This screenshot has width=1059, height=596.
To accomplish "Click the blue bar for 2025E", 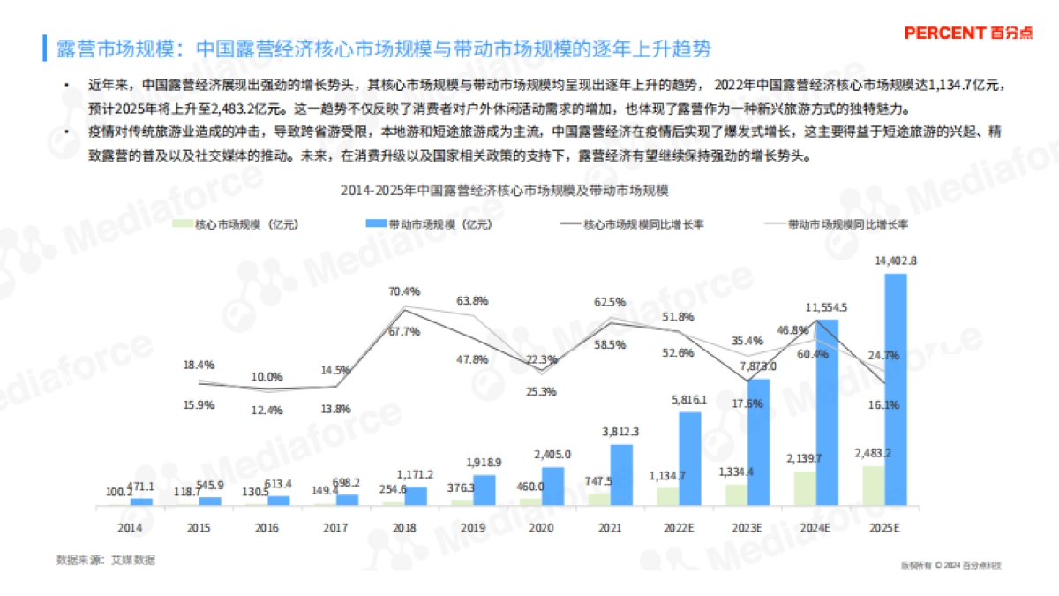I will (896, 389).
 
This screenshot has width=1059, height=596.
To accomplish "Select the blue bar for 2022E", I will (690, 458).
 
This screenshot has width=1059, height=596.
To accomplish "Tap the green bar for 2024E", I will (805, 488).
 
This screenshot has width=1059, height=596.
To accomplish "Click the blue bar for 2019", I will (484, 490).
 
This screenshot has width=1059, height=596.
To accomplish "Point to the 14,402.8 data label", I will (896, 260).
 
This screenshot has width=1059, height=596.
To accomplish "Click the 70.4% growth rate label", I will (405, 290).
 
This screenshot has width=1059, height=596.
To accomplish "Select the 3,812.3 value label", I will (621, 432).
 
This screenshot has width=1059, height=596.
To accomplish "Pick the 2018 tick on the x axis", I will (403, 527).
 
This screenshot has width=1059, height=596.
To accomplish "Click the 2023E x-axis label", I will (747, 527).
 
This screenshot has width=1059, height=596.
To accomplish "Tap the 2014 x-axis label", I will (130, 527).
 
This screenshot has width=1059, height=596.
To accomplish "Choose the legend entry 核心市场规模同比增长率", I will (632, 224).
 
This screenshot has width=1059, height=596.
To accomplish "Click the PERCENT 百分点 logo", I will (968, 33).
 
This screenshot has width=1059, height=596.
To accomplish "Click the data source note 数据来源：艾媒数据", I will (98, 561).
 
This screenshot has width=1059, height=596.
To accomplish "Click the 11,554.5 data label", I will (827, 307).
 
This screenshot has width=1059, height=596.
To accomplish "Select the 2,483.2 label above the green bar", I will (874, 453).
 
